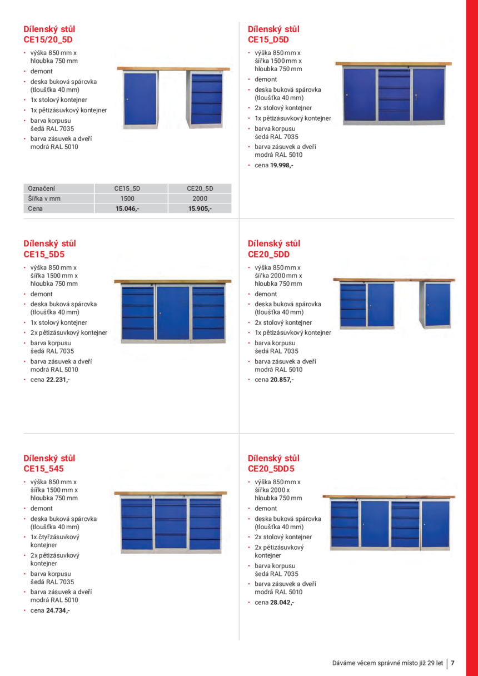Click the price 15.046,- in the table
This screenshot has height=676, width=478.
pos(127,208)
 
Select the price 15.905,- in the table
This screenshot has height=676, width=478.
pos(200,208)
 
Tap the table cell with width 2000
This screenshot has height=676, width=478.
pos(200,198)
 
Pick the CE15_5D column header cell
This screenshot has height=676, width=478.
pos(127,188)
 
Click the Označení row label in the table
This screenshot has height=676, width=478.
pos(42,188)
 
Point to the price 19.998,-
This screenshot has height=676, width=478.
pos(281,165)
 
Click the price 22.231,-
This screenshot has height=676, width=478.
pos(58,380)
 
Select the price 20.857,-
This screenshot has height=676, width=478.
pos(281,380)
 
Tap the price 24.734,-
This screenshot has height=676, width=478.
pos(58,610)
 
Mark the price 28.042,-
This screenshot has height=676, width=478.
pos(282,602)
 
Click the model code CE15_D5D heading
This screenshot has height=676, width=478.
pos(268,39)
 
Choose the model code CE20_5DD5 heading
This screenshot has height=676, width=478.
pos(271,469)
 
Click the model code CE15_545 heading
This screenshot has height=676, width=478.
pos(44,469)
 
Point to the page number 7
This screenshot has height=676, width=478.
pos(453,663)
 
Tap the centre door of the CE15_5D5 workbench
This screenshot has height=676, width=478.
pos(173,312)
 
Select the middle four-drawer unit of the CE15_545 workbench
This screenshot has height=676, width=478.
pos(171,523)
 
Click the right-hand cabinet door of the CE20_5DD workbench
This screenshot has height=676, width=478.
pos(436,305)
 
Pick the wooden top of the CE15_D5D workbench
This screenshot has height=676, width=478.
pos(393,64)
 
